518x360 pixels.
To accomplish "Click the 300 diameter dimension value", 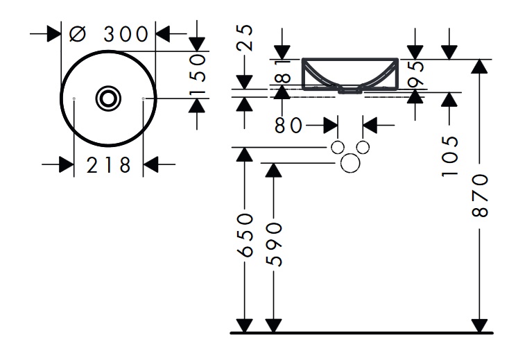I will [126, 33].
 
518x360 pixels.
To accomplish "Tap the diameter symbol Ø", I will [78, 33].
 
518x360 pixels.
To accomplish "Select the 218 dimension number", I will [108, 165].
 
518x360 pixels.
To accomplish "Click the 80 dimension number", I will [288, 126].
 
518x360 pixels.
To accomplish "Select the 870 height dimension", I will [479, 196].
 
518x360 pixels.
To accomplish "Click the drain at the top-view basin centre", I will [108, 98].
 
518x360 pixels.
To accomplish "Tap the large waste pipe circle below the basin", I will [351, 162].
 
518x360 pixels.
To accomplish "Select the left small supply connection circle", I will [338, 147].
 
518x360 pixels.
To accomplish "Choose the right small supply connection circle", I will [363, 147].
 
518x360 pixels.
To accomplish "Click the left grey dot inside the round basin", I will [74, 99].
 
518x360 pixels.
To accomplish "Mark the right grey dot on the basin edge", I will [143, 99].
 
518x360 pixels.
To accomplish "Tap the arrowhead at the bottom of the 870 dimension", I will [479, 325].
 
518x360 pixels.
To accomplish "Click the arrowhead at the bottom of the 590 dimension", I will [273, 325].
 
